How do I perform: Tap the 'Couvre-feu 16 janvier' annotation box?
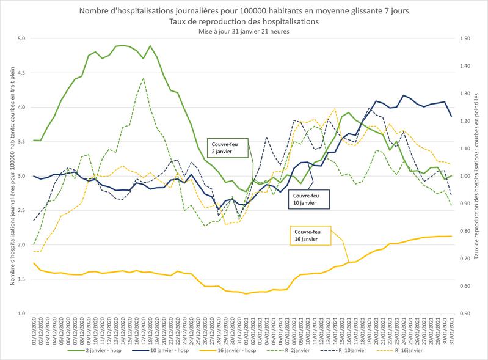(309, 235)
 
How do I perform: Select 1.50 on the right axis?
(467, 39)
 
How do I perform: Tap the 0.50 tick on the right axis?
(467, 314)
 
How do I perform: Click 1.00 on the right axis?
(467, 176)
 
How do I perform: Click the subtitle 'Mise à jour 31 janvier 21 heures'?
(244, 31)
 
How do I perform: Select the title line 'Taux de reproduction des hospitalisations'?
(244, 21)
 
